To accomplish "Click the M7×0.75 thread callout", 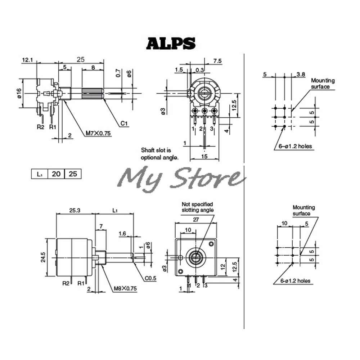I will click(x=98, y=133).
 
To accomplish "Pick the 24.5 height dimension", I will click(x=43, y=258).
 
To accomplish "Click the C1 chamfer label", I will click(x=125, y=123).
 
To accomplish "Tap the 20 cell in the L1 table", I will click(x=56, y=174).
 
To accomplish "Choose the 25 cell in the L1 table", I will click(x=73, y=174).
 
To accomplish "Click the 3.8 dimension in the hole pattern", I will click(x=301, y=75).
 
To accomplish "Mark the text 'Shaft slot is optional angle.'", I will click(x=159, y=154).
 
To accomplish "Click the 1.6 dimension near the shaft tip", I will click(x=122, y=234).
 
